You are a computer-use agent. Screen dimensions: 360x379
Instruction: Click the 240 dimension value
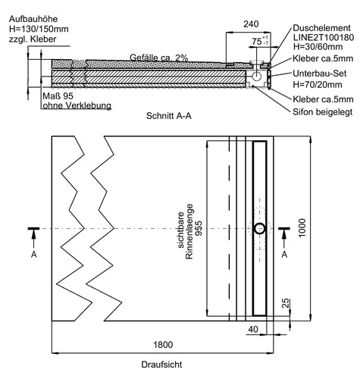coord(251,24)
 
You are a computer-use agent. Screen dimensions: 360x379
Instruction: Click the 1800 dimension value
coord(163,345)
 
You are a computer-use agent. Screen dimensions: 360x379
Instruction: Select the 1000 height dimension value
coord(302,228)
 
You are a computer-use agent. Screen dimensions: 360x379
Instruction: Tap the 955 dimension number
coord(199,228)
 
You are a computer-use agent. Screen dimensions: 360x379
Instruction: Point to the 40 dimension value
coord(253,329)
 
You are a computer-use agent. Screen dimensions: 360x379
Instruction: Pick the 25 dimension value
coord(285,303)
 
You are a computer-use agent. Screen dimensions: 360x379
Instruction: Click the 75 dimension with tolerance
coord(260,41)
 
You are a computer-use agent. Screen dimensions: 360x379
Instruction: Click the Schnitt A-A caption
coord(169,116)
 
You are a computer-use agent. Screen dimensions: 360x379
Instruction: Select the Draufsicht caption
coord(161,365)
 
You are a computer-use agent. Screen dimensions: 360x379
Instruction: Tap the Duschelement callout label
coord(321,28)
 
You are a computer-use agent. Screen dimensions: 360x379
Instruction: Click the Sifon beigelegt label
coord(322,111)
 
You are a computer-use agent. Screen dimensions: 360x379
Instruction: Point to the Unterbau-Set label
coord(319,74)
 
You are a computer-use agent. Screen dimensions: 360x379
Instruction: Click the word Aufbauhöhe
coord(33,19)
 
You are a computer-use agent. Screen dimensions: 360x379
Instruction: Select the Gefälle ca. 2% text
coord(159,58)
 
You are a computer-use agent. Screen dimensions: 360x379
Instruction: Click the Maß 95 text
coord(58,96)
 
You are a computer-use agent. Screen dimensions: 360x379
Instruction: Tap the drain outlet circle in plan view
coord(259,229)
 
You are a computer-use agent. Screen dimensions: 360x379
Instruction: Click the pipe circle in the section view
coord(257,76)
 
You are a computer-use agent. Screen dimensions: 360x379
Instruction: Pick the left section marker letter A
coord(34,255)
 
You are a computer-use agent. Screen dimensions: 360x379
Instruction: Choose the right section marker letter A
coord(284,255)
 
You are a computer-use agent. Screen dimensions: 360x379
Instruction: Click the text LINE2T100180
coord(324,37)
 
